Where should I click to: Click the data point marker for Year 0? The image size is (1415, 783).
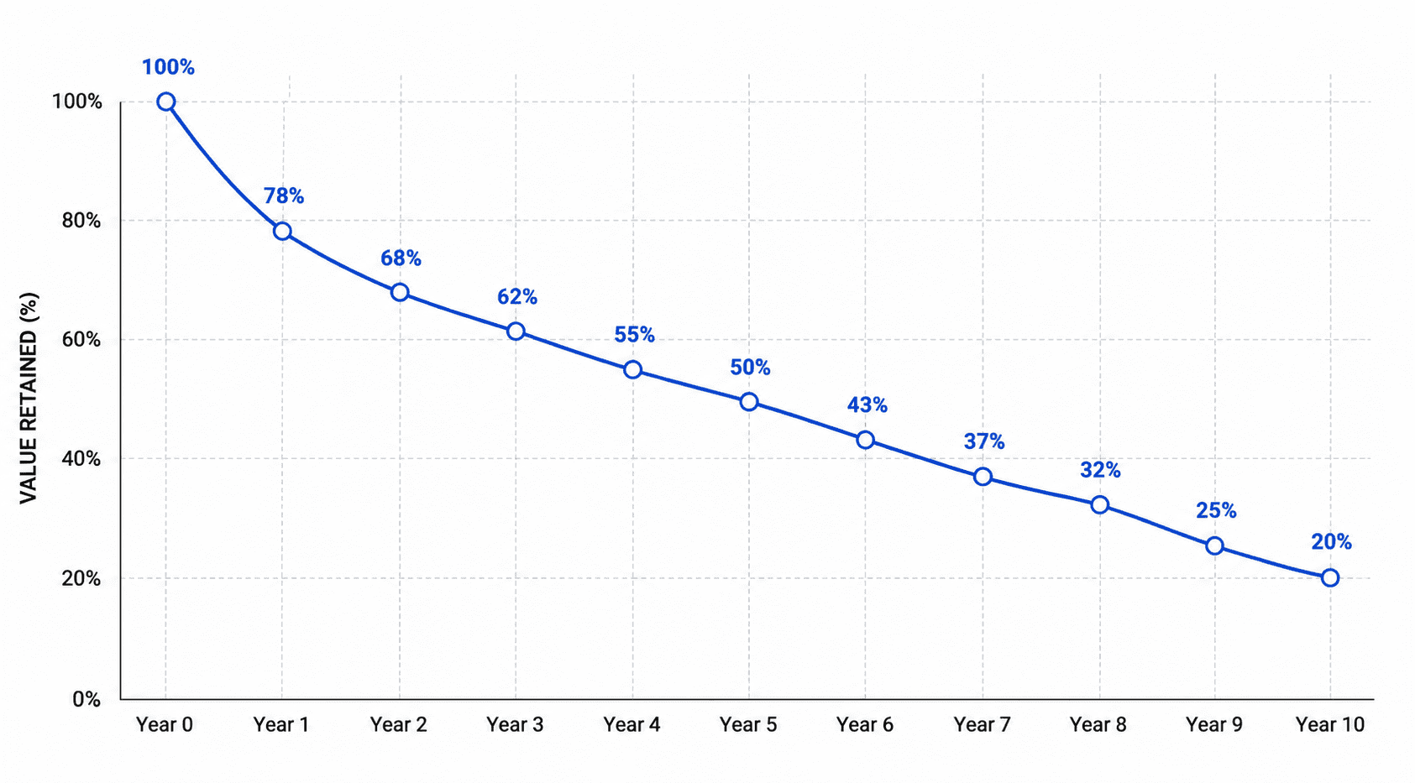point(166,102)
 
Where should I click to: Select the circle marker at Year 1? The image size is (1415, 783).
point(282,231)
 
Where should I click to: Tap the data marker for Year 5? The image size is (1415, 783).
point(749,402)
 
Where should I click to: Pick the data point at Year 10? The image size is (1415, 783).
point(1330,577)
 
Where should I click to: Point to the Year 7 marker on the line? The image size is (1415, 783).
point(983,477)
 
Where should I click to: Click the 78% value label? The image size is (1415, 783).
point(284,196)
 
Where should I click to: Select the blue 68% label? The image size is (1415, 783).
point(401,258)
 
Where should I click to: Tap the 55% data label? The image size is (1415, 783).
point(634,335)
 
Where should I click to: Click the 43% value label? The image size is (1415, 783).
point(867,405)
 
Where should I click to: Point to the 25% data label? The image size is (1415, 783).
point(1216,510)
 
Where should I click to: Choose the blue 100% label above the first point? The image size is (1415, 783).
point(168,67)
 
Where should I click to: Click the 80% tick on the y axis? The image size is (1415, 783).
point(81,221)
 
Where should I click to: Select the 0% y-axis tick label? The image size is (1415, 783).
point(86,699)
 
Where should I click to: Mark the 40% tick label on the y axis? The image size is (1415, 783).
point(81,458)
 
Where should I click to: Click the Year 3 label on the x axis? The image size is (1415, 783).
point(515,724)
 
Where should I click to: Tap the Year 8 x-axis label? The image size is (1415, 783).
point(1098,724)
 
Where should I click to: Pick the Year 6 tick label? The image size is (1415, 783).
point(865,724)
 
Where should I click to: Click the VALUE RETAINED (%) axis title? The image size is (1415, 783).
point(29,398)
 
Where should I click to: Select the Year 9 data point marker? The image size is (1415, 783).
point(1214,545)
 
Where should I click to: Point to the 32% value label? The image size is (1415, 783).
point(1100,471)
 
